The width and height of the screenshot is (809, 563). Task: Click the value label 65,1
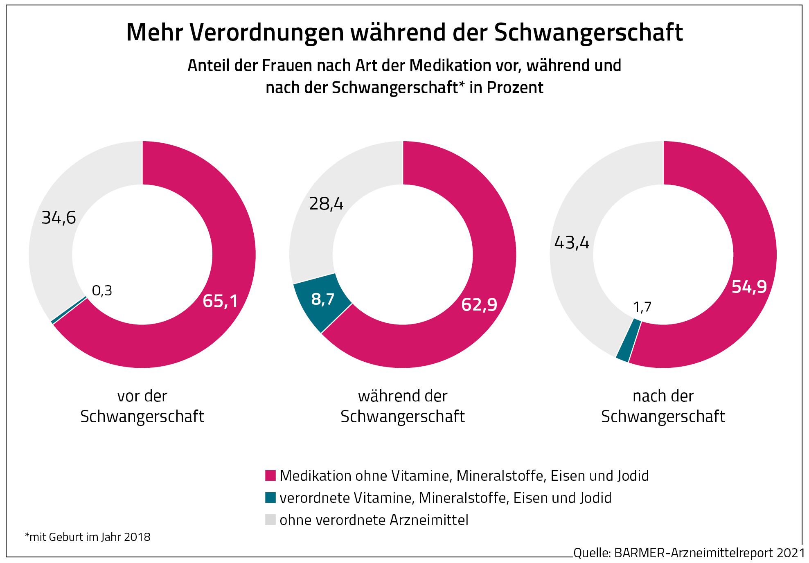point(220,301)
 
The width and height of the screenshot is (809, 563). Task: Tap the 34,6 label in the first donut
point(59,218)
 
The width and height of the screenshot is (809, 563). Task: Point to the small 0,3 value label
point(102,291)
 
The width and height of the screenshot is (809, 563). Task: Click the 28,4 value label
point(326,204)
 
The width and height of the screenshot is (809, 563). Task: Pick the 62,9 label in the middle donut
point(479,304)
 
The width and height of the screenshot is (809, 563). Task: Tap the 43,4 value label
point(572,243)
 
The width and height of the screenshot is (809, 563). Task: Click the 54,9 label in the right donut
point(749,287)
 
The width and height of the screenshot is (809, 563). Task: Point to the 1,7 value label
point(642,307)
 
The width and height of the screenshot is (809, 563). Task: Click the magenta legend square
point(270,475)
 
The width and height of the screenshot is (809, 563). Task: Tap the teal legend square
point(270,498)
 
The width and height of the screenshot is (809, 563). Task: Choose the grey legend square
point(270,520)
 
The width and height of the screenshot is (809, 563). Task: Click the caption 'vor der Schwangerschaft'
point(142,406)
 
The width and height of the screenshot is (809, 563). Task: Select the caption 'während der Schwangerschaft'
point(403,406)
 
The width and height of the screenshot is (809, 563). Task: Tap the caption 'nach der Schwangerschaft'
point(663,406)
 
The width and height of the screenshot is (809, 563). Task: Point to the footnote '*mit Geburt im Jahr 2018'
point(88,537)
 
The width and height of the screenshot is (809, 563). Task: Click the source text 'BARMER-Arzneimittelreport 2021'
point(710,553)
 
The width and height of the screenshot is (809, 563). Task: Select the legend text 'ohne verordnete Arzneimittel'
point(374,520)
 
